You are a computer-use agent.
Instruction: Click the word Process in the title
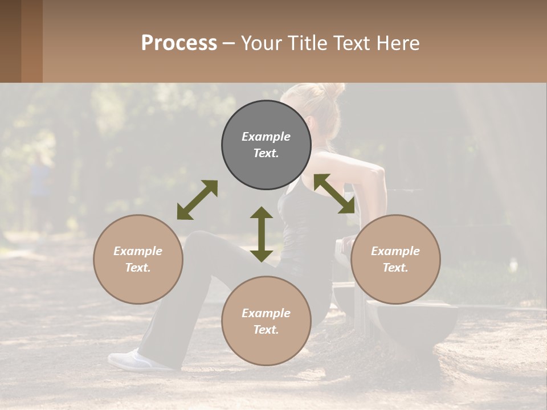pyautogui.click(x=179, y=43)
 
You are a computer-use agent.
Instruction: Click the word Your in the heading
pyautogui.click(x=264, y=43)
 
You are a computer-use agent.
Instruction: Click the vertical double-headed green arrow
pyautogui.click(x=262, y=234)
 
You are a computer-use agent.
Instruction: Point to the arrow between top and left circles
pyautogui.click(x=197, y=200)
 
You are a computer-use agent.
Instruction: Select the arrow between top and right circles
pyautogui.click(x=334, y=194)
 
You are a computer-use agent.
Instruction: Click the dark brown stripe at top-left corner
pyautogui.click(x=11, y=41)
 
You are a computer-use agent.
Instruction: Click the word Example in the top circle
pyautogui.click(x=266, y=137)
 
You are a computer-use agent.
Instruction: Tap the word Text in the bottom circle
pyautogui.click(x=265, y=330)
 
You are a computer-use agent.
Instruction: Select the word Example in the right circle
pyautogui.click(x=395, y=251)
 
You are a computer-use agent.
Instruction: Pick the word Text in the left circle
pyautogui.click(x=137, y=268)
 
